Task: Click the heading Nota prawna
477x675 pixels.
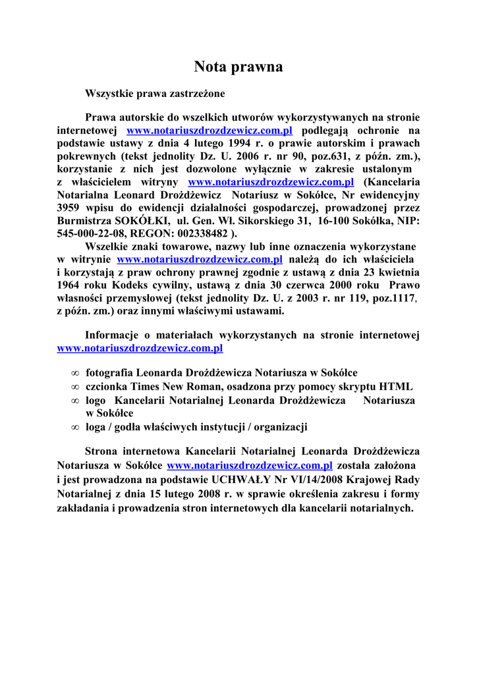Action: (x=238, y=67)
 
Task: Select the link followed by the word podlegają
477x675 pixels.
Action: (x=210, y=131)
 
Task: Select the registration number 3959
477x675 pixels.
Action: (x=69, y=208)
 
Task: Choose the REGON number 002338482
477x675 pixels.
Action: (x=200, y=233)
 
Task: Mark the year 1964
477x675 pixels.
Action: (x=70, y=285)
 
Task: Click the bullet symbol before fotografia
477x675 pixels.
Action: (x=75, y=373)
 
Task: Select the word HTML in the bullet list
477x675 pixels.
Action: (x=398, y=386)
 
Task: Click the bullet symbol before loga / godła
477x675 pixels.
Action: (x=75, y=427)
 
